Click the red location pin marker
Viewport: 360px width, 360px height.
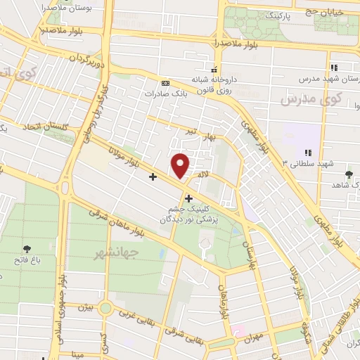coord(181,165)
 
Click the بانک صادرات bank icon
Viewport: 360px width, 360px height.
coord(165,82)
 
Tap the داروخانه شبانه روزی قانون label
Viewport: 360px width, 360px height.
coord(214,85)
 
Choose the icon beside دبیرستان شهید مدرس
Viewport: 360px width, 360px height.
coord(335,67)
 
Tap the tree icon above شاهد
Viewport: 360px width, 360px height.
coord(349,174)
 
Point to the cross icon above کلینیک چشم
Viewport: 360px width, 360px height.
coord(188,198)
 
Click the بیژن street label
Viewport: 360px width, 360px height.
coord(84,307)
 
